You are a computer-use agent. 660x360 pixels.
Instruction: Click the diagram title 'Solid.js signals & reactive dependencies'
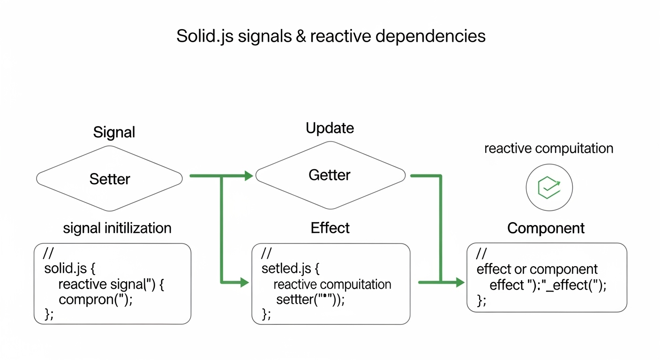pyautogui.click(x=330, y=37)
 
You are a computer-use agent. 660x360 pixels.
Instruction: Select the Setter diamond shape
pyautogui.click(x=110, y=179)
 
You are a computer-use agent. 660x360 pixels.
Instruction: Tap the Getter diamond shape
pyautogui.click(x=330, y=175)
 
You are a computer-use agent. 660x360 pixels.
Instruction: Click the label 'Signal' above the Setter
pyautogui.click(x=114, y=132)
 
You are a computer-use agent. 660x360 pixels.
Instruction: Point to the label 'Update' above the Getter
pyautogui.click(x=330, y=128)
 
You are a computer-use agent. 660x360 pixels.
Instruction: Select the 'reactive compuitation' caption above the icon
pyautogui.click(x=548, y=149)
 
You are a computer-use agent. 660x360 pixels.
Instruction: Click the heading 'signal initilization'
pyautogui.click(x=117, y=228)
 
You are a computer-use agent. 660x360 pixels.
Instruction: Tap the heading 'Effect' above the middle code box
pyautogui.click(x=330, y=228)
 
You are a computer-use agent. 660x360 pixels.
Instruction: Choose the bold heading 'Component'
pyautogui.click(x=546, y=228)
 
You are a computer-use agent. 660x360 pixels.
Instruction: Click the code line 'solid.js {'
pyautogui.click(x=70, y=269)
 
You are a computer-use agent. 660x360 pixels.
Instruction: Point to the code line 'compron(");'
pyautogui.click(x=96, y=300)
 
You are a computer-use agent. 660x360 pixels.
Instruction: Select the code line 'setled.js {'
pyautogui.click(x=291, y=269)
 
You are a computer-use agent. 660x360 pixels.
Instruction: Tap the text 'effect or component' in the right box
pyautogui.click(x=537, y=270)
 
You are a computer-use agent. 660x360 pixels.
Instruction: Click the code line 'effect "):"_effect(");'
pyautogui.click(x=547, y=285)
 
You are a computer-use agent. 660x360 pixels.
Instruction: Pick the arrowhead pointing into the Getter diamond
pyautogui.click(x=248, y=176)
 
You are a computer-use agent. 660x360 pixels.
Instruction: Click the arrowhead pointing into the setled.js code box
pyautogui.click(x=244, y=282)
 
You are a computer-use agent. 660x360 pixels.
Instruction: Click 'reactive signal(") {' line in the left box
pyautogui.click(x=111, y=284)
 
